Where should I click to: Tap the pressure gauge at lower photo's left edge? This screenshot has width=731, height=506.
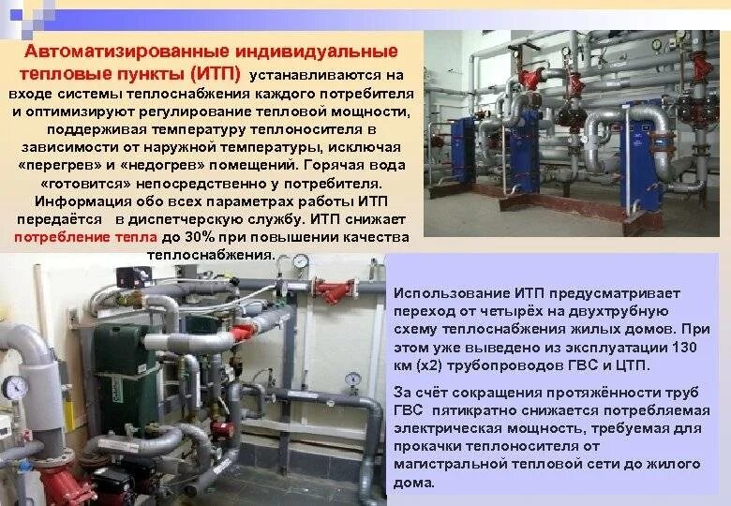[15, 387]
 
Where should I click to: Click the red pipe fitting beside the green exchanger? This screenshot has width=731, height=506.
[243, 332]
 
